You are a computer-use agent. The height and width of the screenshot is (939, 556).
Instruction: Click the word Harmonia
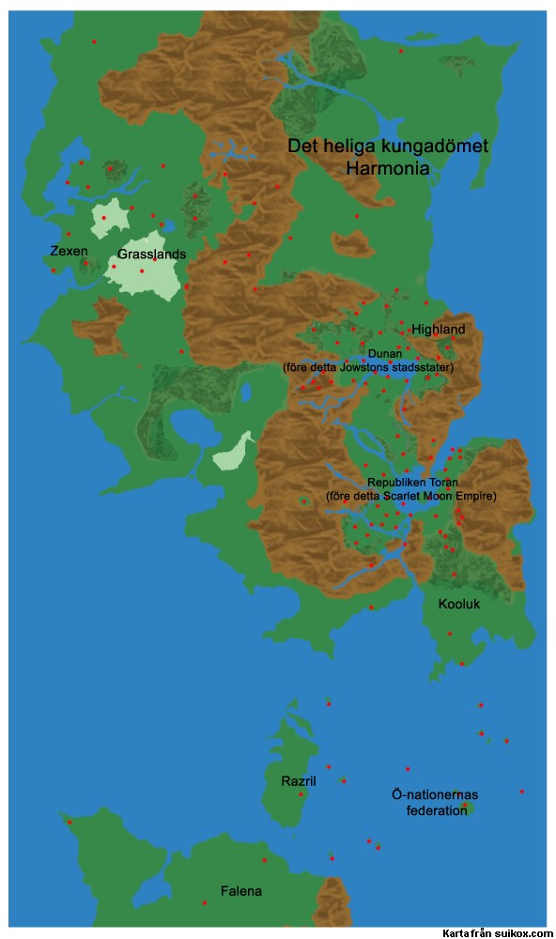(x=387, y=169)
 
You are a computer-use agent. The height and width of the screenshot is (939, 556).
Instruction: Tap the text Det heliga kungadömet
(x=387, y=148)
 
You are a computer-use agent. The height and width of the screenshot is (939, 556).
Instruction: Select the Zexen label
(x=69, y=251)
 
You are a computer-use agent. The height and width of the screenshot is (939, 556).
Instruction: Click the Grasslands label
(x=151, y=254)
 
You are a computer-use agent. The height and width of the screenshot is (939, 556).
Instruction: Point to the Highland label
(x=438, y=330)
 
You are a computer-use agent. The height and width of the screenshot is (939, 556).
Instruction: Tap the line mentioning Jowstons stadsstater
(x=368, y=367)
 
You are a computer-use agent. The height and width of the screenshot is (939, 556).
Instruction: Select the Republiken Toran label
(x=410, y=482)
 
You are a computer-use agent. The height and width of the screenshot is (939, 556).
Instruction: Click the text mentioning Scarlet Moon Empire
(x=410, y=495)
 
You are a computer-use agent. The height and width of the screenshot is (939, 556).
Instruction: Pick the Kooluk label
(x=458, y=604)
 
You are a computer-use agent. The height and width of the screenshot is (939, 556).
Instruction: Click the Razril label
(x=299, y=780)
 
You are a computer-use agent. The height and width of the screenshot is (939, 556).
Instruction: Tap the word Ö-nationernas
(x=435, y=795)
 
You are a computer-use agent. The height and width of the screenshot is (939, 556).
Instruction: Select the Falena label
(x=241, y=891)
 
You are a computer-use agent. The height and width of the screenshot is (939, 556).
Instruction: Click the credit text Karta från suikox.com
(x=498, y=932)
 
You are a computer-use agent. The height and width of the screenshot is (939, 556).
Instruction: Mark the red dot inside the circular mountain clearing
(x=303, y=501)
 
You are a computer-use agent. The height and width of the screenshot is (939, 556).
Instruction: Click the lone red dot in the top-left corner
(x=94, y=41)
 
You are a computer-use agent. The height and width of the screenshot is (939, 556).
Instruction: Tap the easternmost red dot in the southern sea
(x=521, y=791)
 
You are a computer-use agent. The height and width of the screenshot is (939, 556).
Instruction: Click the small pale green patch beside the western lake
(x=231, y=454)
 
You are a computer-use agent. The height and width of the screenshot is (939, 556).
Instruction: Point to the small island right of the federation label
(x=468, y=808)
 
